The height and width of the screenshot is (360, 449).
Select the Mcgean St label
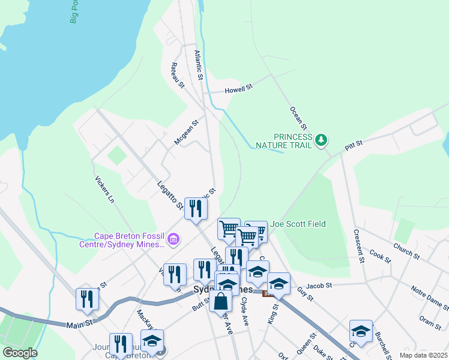click(x=185, y=133)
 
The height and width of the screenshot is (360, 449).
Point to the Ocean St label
click(x=298, y=118)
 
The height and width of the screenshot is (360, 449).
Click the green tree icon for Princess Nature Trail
click(x=322, y=140)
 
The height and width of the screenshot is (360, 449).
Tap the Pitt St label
click(x=354, y=145)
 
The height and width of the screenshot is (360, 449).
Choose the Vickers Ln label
click(x=104, y=189)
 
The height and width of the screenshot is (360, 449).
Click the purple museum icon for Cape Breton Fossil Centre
click(x=173, y=240)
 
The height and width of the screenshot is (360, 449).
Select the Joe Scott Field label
click(x=298, y=224)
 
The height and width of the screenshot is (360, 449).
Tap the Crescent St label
click(x=359, y=246)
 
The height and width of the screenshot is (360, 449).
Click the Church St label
click(x=406, y=250)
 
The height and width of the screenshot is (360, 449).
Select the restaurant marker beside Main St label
click(x=87, y=299)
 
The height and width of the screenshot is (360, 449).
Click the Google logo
click(x=20, y=353)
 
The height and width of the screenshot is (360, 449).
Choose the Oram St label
click(x=430, y=322)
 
